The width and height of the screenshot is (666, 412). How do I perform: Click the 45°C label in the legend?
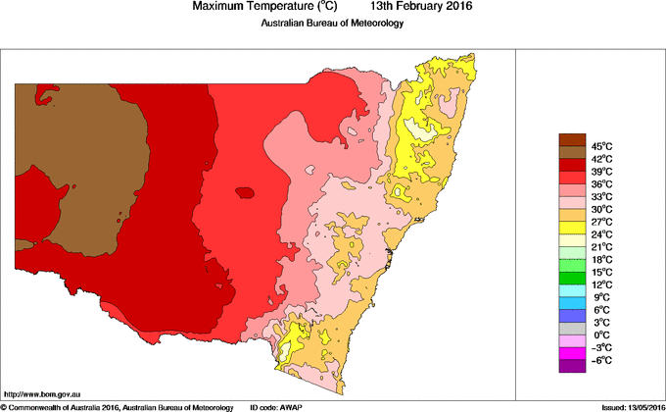(x=601, y=145)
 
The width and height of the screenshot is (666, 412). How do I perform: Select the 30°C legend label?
(x=601, y=209)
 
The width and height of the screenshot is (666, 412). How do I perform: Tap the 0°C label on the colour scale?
(x=601, y=335)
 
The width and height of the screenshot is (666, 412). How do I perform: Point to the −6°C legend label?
(x=600, y=361)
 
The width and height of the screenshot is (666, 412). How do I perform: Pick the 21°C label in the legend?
(x=601, y=247)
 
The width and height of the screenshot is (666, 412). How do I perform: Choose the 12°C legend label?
(x=601, y=284)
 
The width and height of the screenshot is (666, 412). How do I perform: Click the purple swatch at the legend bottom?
(x=572, y=367)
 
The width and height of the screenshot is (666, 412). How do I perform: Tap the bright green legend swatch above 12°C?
(x=572, y=266)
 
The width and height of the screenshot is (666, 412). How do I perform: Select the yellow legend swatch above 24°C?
(x=572, y=228)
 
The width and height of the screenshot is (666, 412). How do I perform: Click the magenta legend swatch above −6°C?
(x=572, y=354)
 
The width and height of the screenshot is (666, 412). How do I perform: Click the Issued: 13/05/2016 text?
(x=626, y=406)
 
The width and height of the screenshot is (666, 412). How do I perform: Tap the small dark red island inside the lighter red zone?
(x=244, y=192)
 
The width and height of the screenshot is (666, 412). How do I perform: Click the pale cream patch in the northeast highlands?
(x=421, y=129)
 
